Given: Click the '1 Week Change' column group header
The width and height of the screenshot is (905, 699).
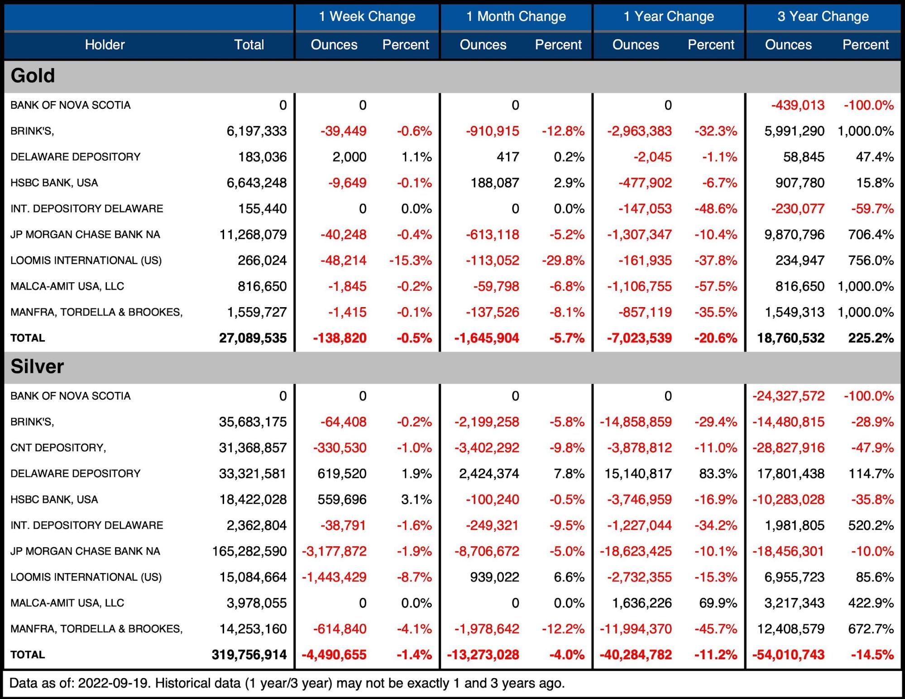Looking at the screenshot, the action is [x=367, y=17].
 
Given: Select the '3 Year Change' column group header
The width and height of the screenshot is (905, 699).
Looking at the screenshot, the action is [x=823, y=17].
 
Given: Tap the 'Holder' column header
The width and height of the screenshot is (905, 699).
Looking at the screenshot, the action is [x=105, y=45].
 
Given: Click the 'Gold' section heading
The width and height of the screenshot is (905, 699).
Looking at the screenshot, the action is [x=33, y=76].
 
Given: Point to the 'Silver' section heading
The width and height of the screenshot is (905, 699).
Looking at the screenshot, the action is [x=37, y=366].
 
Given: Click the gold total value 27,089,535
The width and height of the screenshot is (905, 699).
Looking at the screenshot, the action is [x=253, y=338].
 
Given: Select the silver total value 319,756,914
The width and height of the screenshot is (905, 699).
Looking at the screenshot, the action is [x=249, y=655].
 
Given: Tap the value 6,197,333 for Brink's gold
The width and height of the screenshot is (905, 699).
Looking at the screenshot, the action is [x=256, y=131].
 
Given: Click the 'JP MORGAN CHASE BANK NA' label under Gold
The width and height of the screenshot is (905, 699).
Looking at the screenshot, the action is [x=85, y=235].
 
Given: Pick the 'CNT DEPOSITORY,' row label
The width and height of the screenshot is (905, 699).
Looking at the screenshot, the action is [x=58, y=448].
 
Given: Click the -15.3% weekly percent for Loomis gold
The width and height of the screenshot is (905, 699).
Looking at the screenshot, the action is [x=410, y=260].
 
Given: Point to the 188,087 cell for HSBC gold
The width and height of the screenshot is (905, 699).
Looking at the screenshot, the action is [x=495, y=183].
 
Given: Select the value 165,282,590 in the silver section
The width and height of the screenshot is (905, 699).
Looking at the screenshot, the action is [x=249, y=551].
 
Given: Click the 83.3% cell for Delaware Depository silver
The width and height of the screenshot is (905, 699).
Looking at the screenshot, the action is [x=718, y=474].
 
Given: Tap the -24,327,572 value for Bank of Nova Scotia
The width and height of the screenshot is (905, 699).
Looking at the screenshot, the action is [x=788, y=396].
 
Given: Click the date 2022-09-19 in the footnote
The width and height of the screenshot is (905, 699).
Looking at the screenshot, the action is [x=114, y=683].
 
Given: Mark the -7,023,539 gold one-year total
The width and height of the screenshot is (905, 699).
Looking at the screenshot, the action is [x=636, y=338].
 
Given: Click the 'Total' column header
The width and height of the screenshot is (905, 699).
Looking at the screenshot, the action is [x=249, y=45].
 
